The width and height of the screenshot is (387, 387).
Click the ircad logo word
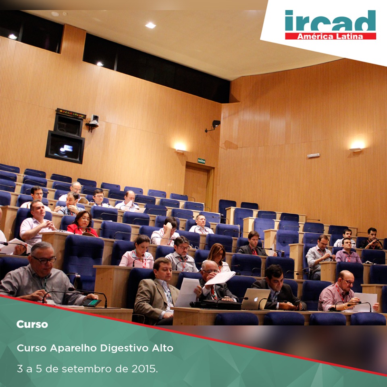pyautogui.click(x=330, y=21)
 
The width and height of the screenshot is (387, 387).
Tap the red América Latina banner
pyautogui.click(x=331, y=36)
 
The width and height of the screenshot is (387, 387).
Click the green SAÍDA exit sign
pyautogui.click(x=202, y=161)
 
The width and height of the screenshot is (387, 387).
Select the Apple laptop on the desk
pyautogui.click(x=256, y=299)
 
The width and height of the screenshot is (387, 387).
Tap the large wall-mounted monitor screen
pyautogui.click(x=65, y=147)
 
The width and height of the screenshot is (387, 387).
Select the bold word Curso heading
pyautogui.click(x=32, y=324)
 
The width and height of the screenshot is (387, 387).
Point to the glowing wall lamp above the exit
pyautogui.click(x=180, y=148)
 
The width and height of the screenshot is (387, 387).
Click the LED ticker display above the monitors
pyautogui.click(x=71, y=113)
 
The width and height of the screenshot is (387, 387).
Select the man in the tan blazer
pyautogui.click(x=157, y=291)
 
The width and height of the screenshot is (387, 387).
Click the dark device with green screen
pyautogui.click(x=92, y=303)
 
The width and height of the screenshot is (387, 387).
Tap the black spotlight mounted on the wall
pyautogui.click(x=214, y=125)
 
